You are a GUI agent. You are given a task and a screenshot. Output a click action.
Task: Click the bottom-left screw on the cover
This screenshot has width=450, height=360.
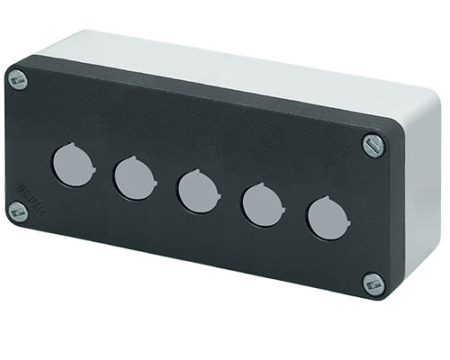15,211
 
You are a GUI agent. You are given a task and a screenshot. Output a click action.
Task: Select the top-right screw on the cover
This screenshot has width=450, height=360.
373,143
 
